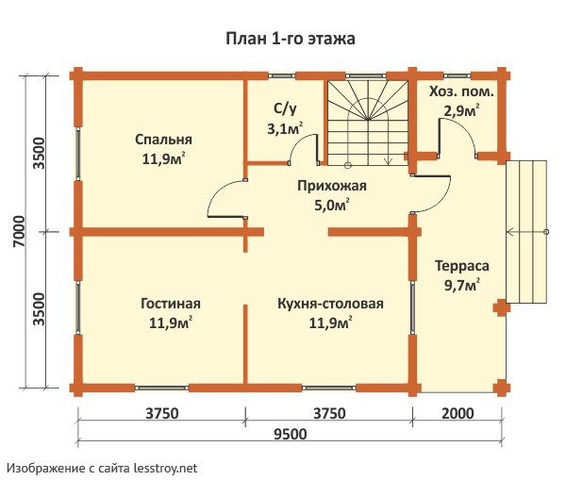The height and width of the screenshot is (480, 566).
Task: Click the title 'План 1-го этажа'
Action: click(290, 39)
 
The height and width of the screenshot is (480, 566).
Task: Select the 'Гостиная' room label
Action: click(170, 304)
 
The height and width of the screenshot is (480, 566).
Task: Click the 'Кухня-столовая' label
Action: click(330, 304)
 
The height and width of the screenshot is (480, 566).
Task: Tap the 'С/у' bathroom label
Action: click(286, 109)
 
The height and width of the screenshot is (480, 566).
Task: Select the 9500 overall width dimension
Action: click(290, 434)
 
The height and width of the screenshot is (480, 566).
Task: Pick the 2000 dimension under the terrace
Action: click(456, 413)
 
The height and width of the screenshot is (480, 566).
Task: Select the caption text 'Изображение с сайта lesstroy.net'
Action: click(102, 467)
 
